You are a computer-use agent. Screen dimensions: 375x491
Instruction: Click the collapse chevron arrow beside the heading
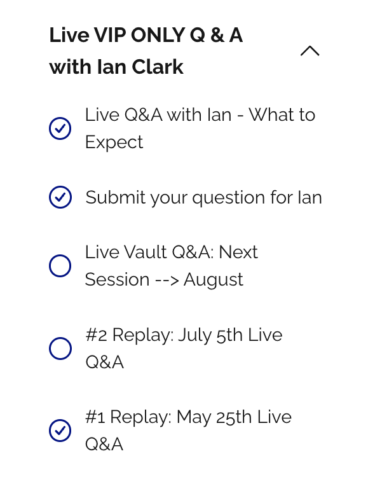[x=310, y=51]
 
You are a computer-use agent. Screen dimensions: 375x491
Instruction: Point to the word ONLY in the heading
[x=158, y=35]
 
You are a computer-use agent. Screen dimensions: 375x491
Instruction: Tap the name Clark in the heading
[x=158, y=67]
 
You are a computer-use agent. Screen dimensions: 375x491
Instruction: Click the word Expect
[x=114, y=142]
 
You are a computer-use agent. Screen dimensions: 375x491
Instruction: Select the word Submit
[x=116, y=198]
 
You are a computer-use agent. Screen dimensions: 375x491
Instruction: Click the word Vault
[x=145, y=252]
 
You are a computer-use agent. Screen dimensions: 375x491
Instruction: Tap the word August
[x=213, y=280]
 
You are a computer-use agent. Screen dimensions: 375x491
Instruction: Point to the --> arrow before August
[x=167, y=280]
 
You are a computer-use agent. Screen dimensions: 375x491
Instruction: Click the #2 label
[x=97, y=335]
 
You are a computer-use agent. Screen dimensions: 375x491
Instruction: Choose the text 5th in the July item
[x=229, y=335]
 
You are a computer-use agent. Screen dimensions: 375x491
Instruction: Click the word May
[x=194, y=418]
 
